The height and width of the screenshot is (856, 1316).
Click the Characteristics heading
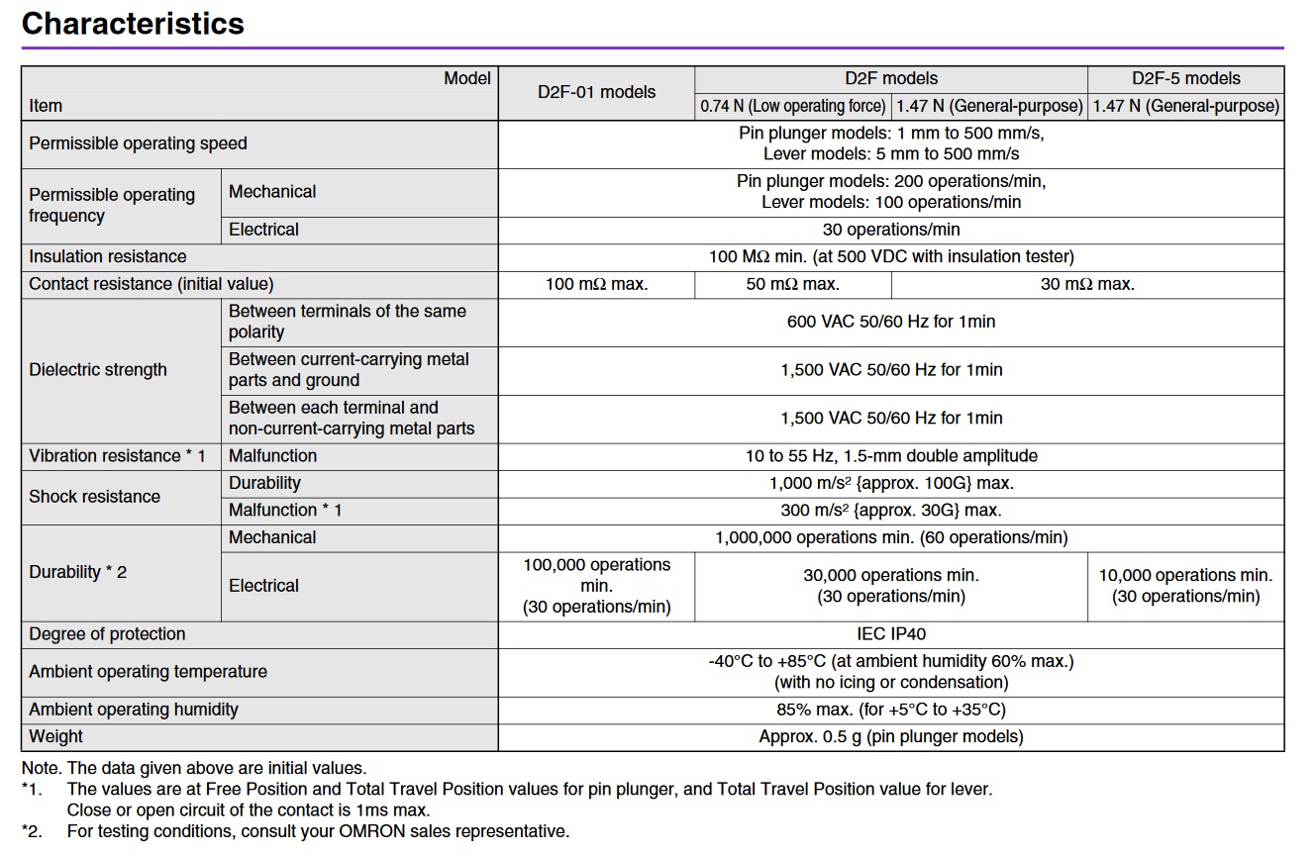click(133, 24)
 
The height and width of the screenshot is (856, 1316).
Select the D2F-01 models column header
click(596, 92)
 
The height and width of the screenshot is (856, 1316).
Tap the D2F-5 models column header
click(1185, 78)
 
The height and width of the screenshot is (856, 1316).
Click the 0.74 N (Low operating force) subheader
click(792, 106)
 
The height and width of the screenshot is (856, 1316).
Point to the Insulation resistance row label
click(107, 256)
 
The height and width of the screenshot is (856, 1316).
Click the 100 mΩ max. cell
click(596, 284)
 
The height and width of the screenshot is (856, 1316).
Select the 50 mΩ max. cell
click(792, 284)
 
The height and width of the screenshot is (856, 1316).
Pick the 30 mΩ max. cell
click(1087, 284)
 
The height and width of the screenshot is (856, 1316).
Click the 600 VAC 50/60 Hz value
click(891, 322)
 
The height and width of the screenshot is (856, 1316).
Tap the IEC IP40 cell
click(891, 633)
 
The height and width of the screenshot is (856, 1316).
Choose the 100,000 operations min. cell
click(596, 586)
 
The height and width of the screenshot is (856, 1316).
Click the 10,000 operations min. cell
click(1185, 586)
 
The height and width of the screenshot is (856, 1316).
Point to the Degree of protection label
click(107, 634)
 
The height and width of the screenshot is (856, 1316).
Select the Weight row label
click(55, 736)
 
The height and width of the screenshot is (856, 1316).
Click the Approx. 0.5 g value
click(891, 736)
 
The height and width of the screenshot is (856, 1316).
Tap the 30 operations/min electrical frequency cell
click(891, 229)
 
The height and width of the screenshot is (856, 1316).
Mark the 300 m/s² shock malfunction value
click(891, 511)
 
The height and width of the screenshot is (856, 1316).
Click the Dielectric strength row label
click(97, 370)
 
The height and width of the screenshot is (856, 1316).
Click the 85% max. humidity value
click(891, 710)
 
